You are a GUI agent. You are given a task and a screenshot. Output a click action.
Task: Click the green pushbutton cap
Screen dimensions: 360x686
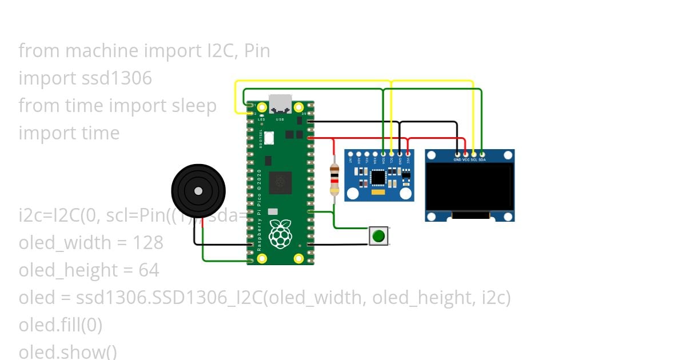pos(378,235)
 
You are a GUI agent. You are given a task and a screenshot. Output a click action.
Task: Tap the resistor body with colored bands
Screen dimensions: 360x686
pos(334,180)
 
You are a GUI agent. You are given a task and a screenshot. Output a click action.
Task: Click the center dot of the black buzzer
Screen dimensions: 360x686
pos(198,191)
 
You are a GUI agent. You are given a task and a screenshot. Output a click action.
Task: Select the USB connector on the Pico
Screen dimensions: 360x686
pos(280,104)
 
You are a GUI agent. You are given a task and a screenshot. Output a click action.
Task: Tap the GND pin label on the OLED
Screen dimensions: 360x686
pos(457,159)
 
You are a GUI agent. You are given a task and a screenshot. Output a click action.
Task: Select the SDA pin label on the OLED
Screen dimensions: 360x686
pos(482,159)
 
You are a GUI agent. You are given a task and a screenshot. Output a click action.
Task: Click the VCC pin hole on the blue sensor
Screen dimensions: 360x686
pos(408,154)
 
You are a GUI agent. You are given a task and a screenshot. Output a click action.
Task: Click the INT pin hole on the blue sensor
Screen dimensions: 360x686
pos(350,154)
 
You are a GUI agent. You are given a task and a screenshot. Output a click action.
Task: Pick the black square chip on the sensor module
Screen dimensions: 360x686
pos(378,178)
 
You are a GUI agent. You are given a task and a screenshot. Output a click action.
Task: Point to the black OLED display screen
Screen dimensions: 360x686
pos(469,187)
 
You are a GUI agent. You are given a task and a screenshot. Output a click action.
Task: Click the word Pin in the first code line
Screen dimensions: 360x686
pos(257,50)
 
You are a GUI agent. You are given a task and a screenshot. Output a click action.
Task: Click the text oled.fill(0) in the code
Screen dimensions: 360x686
pos(61,325)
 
